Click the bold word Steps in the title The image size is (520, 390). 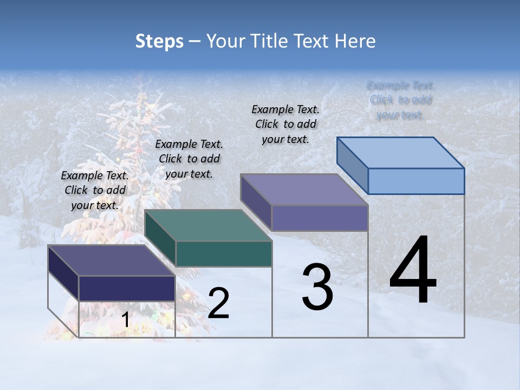point(159,42)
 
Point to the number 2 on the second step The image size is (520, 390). point(218,303)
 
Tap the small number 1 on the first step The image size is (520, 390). point(125,320)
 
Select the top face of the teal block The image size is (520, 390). point(209,225)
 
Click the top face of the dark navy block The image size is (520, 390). point(112,261)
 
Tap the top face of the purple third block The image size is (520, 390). point(304,190)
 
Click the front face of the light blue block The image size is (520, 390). point(416,181)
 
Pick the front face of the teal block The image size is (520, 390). point(224,254)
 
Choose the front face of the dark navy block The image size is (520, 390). point(127,288)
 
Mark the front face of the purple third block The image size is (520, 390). point(320,218)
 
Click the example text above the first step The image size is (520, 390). point(95,190)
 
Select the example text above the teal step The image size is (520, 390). point(189,159)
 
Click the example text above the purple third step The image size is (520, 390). point(285,124)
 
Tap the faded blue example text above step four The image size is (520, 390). point(401,100)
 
